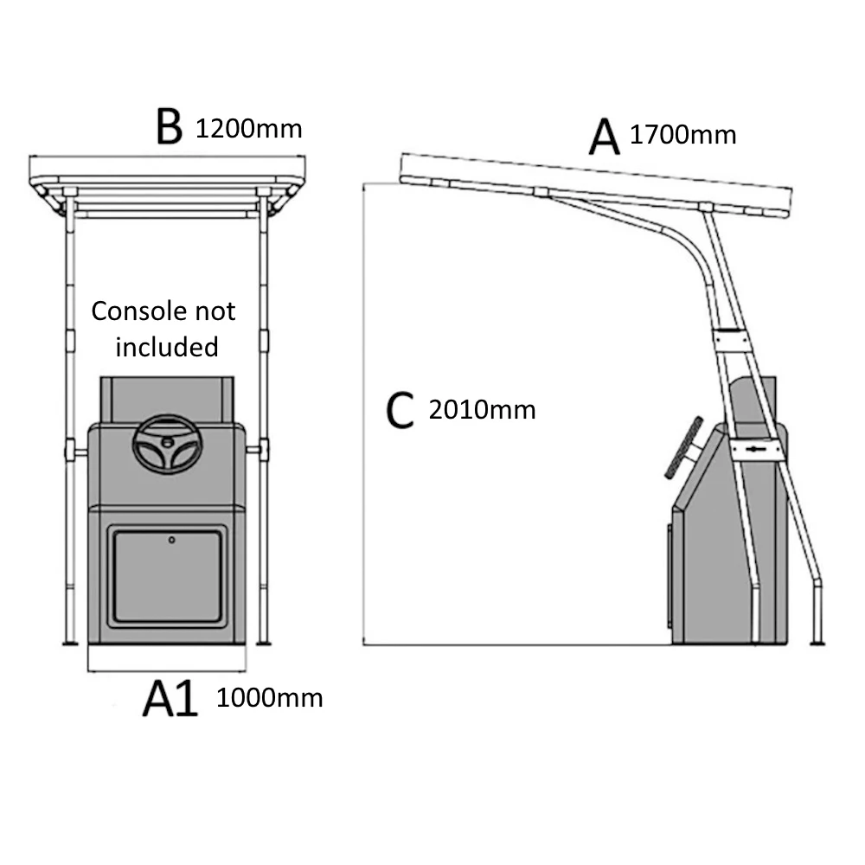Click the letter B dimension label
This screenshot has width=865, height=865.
tap(170, 126)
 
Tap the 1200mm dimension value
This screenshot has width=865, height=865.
tap(249, 130)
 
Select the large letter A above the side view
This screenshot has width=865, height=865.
tap(605, 138)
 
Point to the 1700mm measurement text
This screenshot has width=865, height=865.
tap(683, 135)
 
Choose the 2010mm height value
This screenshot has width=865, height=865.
tap(483, 409)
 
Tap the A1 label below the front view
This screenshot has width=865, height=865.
tap(171, 699)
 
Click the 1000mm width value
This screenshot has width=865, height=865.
tap(269, 698)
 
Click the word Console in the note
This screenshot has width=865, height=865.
tap(132, 311)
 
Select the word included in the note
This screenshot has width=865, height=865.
tap(167, 347)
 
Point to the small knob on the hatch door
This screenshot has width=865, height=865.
tap(171, 541)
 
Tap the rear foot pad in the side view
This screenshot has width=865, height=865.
tap(815, 642)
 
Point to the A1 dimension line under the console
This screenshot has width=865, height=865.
tap(167, 671)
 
